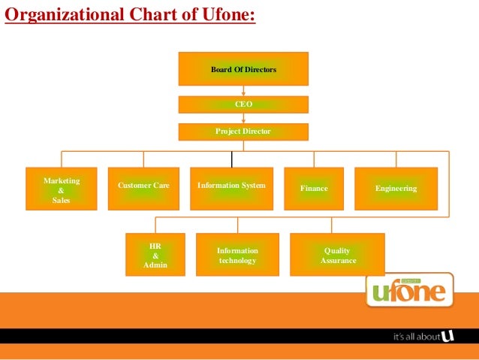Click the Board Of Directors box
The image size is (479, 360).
(x=243, y=69)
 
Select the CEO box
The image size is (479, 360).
(x=243, y=104)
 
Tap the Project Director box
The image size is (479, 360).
(x=243, y=132)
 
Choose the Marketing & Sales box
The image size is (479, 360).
(x=62, y=189)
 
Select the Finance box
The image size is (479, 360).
(x=314, y=188)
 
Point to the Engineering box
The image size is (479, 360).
(x=396, y=188)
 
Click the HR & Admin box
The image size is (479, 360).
(x=155, y=255)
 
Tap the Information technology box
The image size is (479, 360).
(x=237, y=255)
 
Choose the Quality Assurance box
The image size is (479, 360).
(x=337, y=255)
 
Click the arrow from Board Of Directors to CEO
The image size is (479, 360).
(x=243, y=91)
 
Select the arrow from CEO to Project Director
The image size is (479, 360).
(x=243, y=118)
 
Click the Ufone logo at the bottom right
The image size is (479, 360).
(x=410, y=289)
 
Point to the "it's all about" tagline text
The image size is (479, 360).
(x=417, y=337)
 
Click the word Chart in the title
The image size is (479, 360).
(x=141, y=14)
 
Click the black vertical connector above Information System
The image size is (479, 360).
(x=232, y=159)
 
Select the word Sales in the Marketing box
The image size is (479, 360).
(x=62, y=201)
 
